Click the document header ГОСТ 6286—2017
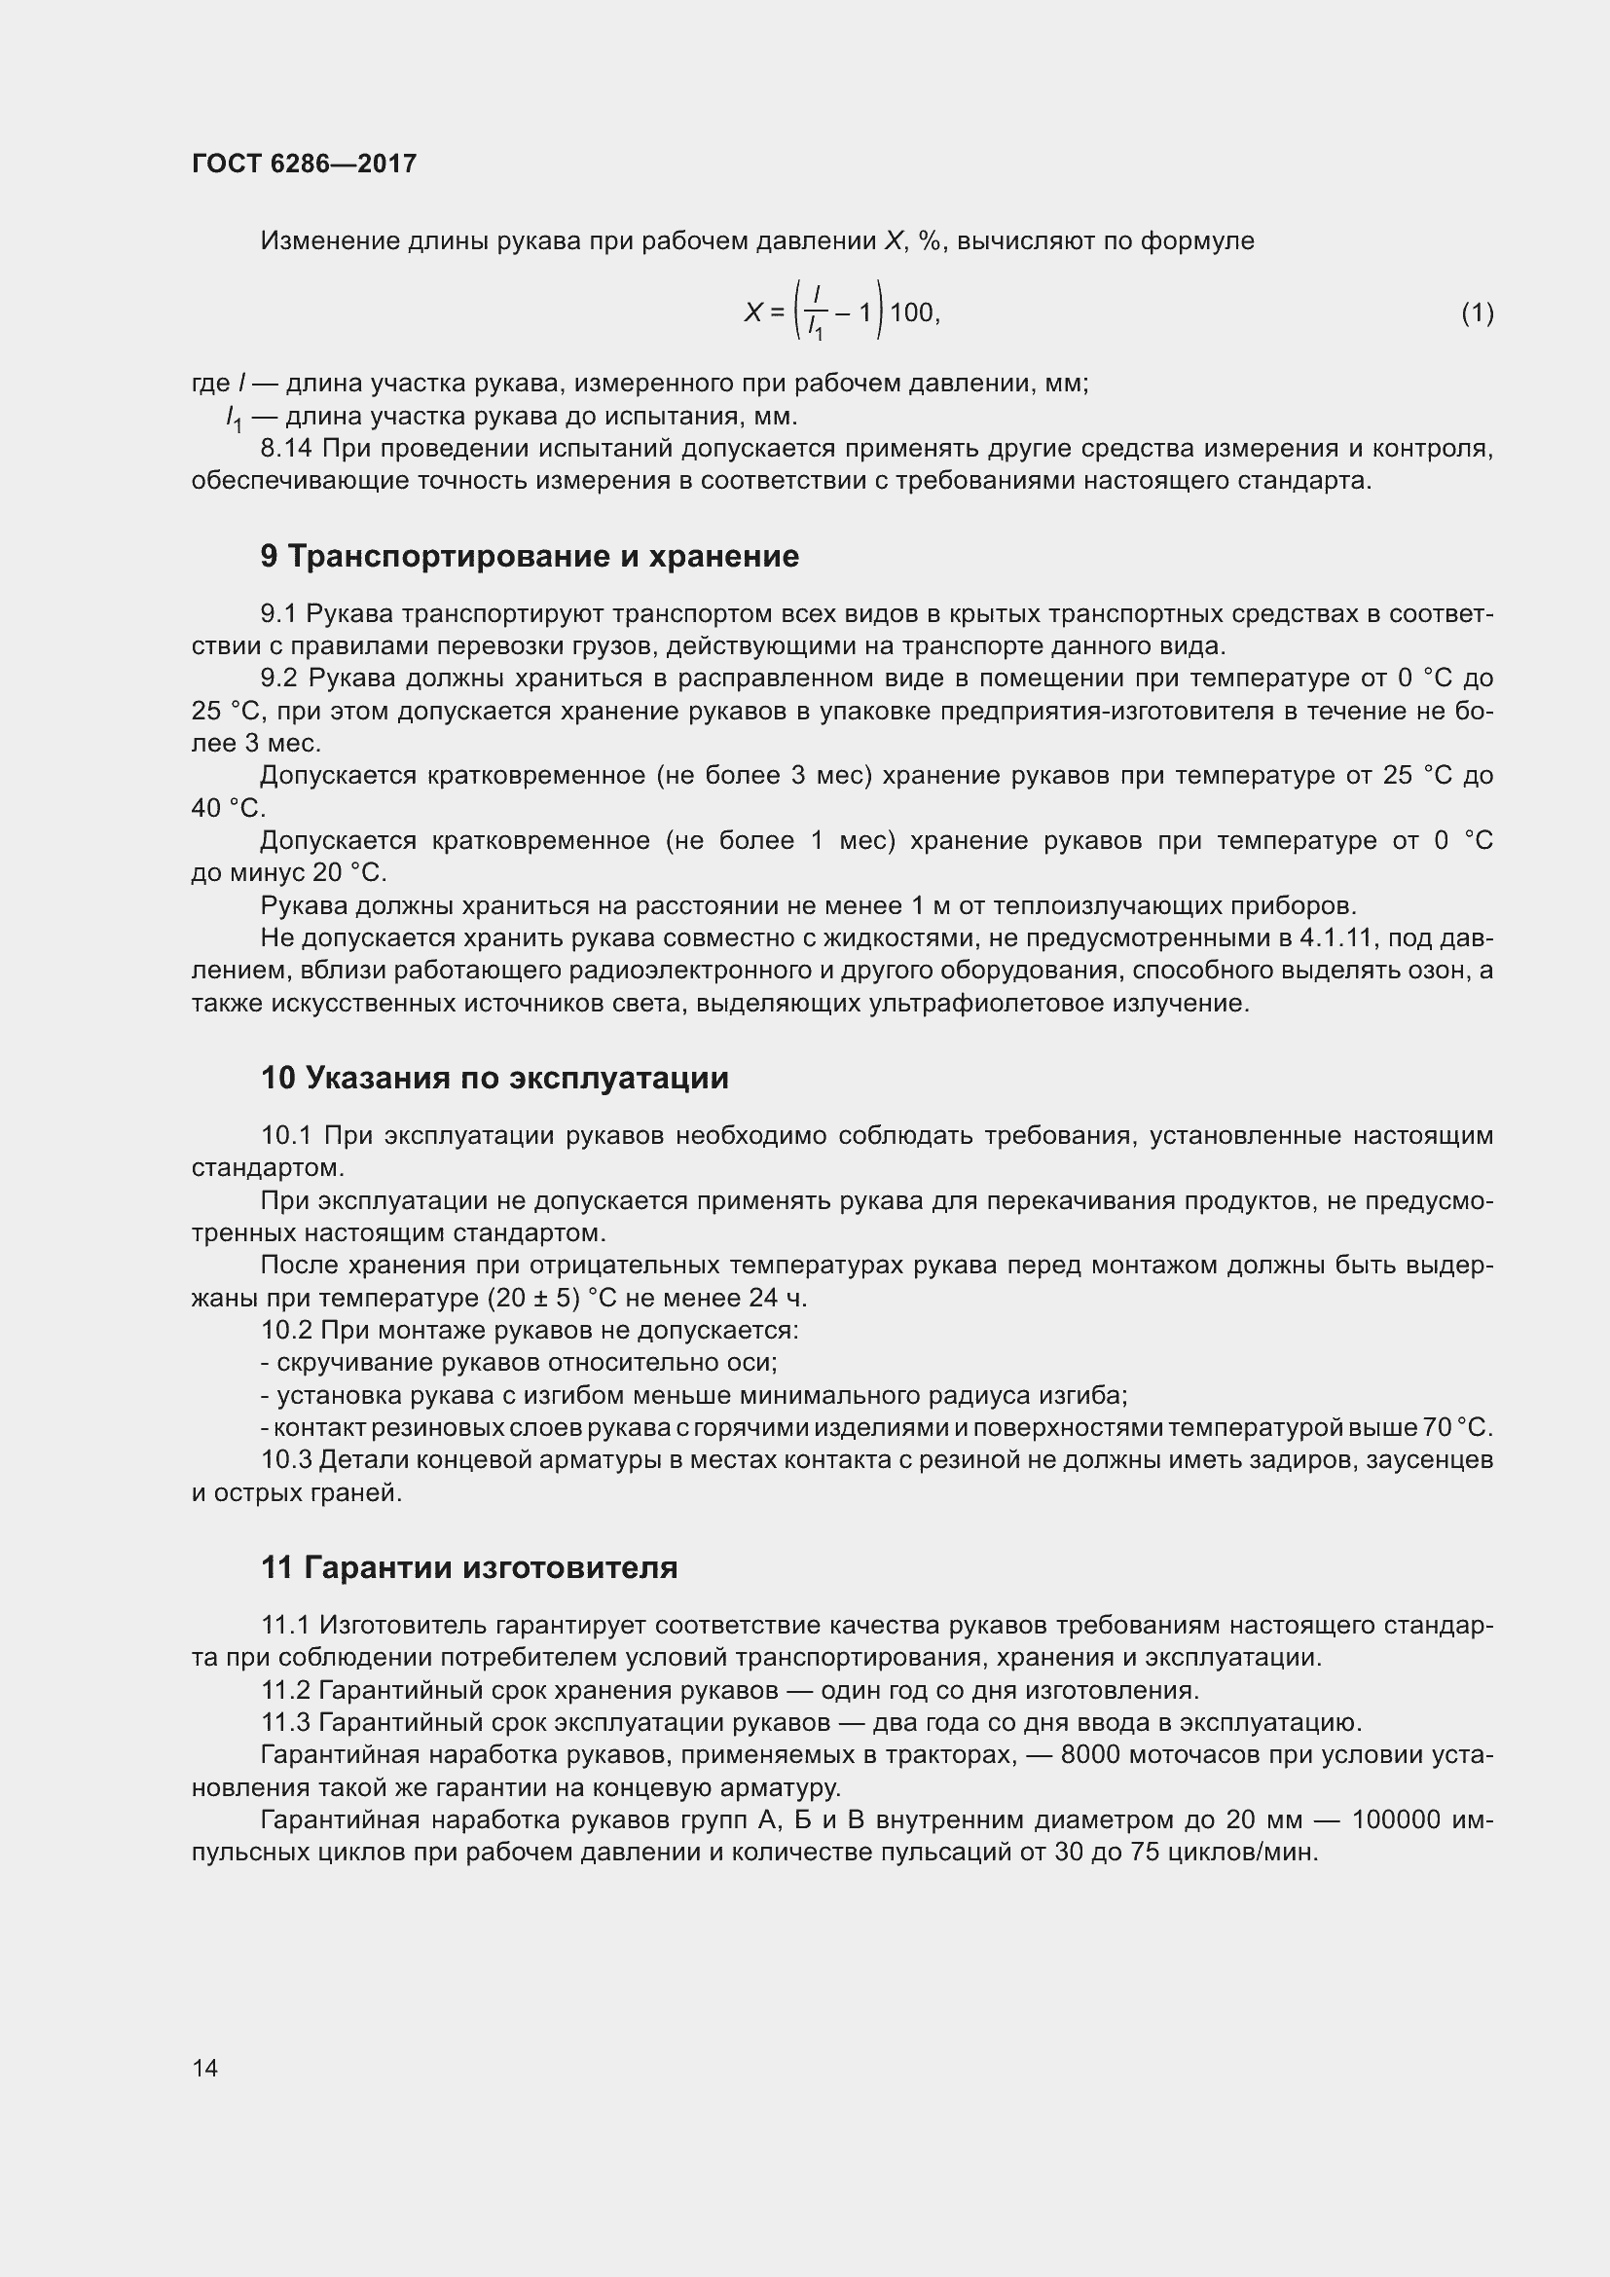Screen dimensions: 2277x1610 [x=304, y=164]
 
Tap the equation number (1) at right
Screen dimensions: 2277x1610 [x=1478, y=313]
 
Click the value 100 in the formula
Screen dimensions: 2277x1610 [x=911, y=313]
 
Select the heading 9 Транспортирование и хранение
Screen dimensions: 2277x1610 [x=530, y=557]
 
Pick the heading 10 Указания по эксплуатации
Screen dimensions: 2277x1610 [x=494, y=1078]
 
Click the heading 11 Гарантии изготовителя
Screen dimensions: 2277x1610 [x=469, y=1568]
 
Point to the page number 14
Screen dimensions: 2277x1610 [x=205, y=2068]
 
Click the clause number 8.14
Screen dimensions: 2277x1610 [x=285, y=449]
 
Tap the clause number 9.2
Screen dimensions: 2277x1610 [x=278, y=679]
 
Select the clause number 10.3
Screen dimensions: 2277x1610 [x=286, y=1460]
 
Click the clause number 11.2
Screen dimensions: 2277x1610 [x=285, y=1690]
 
